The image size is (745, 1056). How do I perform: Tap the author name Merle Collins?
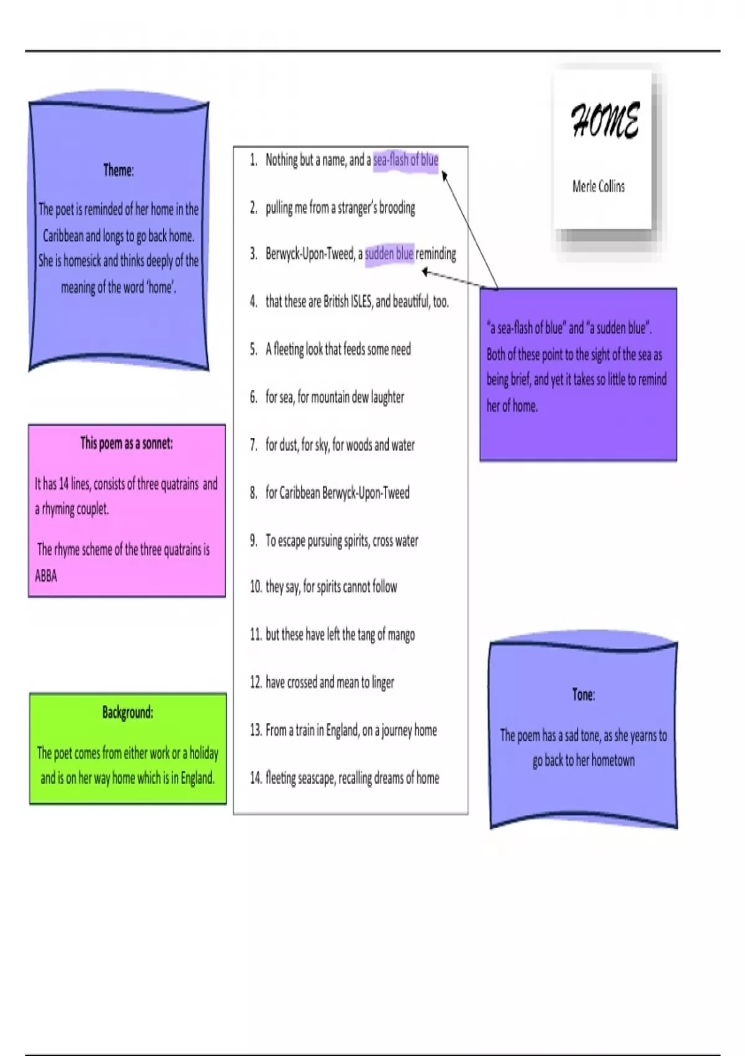pos(598,186)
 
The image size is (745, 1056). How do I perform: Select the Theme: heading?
pos(119,170)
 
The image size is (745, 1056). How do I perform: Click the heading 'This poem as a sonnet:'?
pos(127,444)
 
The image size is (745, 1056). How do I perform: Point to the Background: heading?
pos(128,712)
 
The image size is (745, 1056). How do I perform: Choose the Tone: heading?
pos(584,694)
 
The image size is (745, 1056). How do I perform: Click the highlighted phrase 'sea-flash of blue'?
pos(405,160)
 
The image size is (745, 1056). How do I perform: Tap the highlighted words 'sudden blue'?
pos(389,254)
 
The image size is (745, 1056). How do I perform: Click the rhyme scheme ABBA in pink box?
pos(46,576)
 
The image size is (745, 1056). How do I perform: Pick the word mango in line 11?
pos(401,635)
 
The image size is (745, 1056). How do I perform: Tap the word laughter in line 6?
pos(387,398)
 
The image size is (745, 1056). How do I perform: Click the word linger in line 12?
pos(383,683)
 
